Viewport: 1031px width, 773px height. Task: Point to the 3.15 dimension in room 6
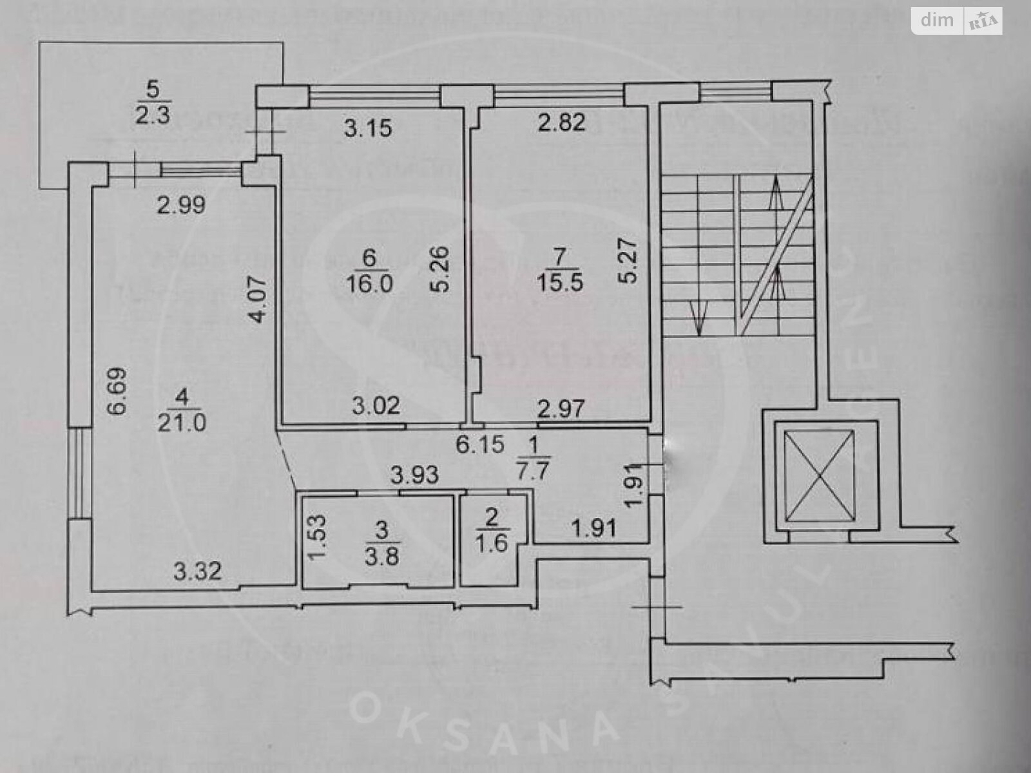pos(367,128)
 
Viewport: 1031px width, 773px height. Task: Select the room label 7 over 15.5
pos(559,271)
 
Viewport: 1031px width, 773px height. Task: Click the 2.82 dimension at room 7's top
pos(563,122)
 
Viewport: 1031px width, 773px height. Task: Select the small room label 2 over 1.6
pos(492,528)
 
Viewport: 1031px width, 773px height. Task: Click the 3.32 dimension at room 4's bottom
pos(197,571)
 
